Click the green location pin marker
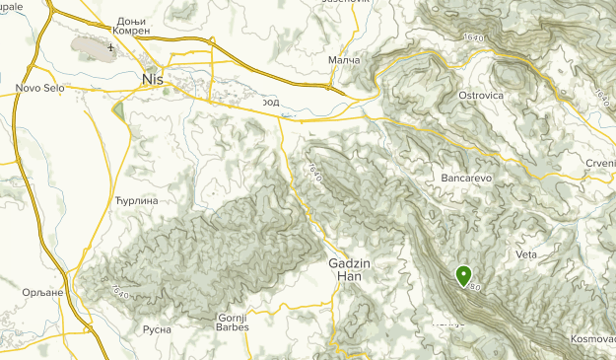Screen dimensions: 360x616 pyautogui.click(x=462, y=275)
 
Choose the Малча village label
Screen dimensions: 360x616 pyautogui.click(x=343, y=60)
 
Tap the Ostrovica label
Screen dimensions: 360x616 pyautogui.click(x=482, y=95)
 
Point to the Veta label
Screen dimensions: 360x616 pyautogui.click(x=526, y=254)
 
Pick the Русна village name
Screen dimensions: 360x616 pyautogui.click(x=157, y=329)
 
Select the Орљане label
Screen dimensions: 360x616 pyautogui.click(x=42, y=293)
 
